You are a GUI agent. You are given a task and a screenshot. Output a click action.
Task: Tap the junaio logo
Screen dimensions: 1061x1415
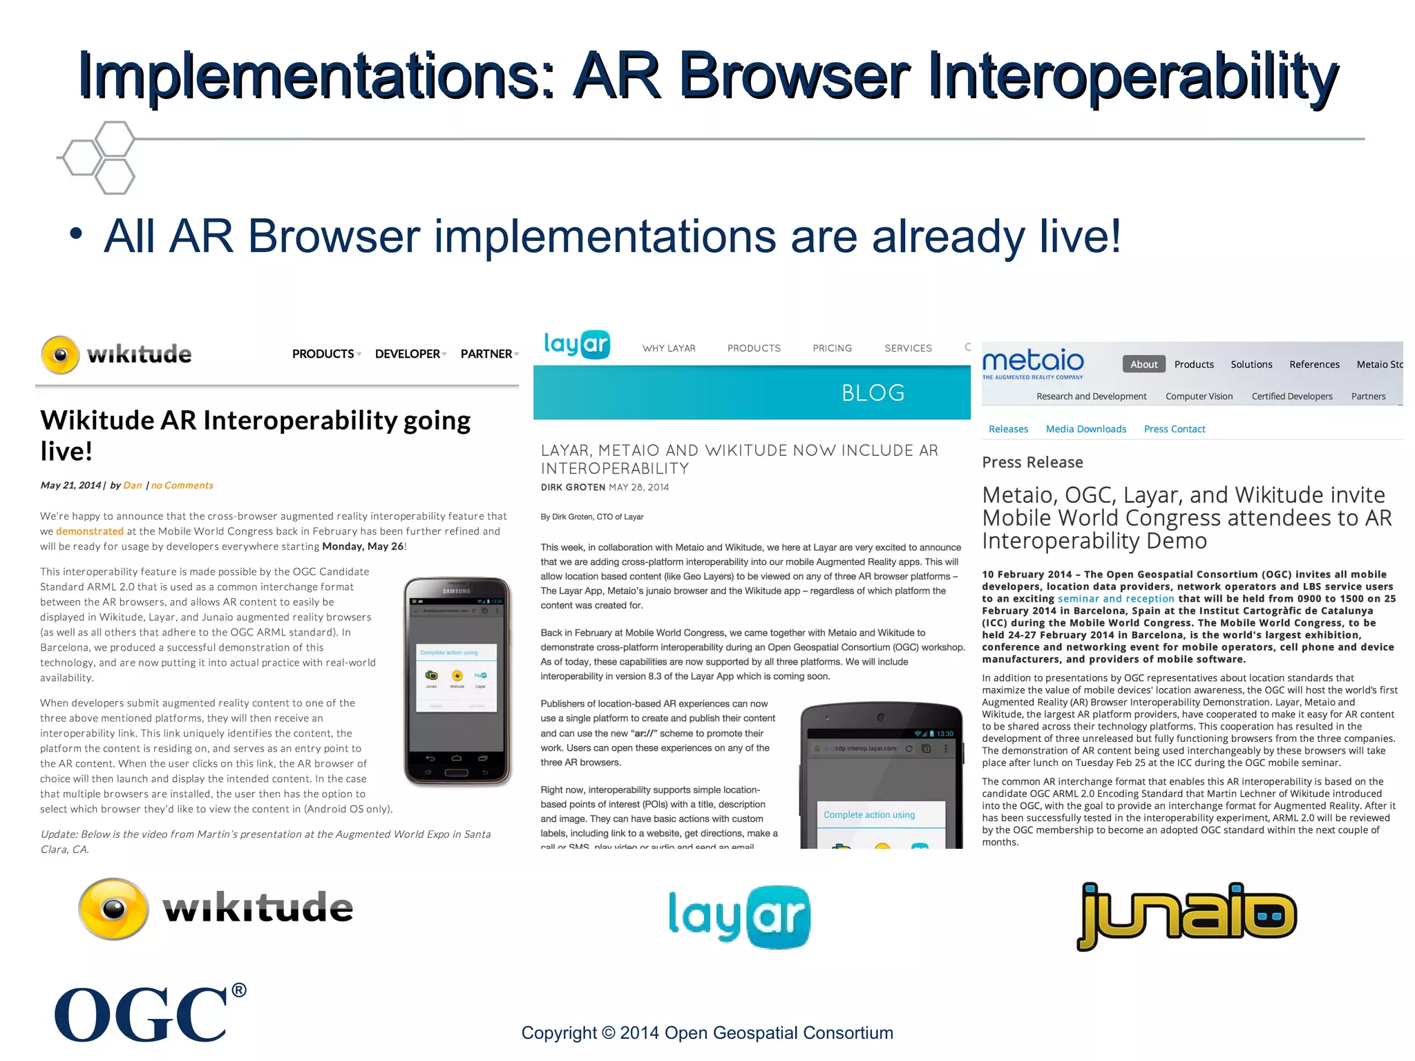coord(1186,915)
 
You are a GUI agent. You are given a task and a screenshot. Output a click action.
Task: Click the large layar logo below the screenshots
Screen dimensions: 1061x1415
coord(739,917)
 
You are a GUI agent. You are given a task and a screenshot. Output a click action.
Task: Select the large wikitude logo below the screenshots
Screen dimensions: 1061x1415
coord(216,908)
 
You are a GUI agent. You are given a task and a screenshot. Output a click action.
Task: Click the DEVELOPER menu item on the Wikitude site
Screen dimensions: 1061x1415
coord(408,354)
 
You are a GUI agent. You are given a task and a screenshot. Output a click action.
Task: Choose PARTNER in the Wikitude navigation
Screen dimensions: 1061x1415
coord(486,354)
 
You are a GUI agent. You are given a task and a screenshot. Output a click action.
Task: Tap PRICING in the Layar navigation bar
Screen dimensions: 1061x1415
coord(832,348)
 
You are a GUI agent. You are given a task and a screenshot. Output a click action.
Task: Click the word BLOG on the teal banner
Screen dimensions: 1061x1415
coord(873,392)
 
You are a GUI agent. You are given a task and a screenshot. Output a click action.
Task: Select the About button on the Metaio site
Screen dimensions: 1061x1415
coord(1143,364)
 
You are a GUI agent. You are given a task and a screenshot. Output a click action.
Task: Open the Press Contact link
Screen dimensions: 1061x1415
coord(1174,429)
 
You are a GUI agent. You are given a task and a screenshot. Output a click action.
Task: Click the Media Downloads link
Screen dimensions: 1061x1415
coord(1085,429)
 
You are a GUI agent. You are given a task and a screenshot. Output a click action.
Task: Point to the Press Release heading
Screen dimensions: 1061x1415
coord(1032,462)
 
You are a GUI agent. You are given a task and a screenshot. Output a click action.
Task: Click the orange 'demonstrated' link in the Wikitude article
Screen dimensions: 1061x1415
coord(90,531)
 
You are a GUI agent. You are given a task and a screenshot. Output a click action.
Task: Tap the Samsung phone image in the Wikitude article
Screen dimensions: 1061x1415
coord(457,681)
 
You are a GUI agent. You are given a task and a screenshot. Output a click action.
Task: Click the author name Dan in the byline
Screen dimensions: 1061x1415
coord(132,486)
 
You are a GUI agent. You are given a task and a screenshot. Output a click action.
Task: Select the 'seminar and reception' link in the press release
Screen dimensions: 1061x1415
coord(1115,599)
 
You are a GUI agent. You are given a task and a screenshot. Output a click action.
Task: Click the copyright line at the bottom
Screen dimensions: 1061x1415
coord(707,1033)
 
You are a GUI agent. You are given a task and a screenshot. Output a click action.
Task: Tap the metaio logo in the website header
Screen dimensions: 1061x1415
coord(1033,363)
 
